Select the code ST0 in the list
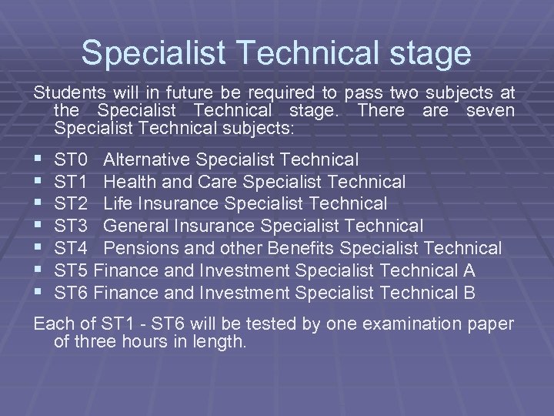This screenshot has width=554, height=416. pyautogui.click(x=71, y=160)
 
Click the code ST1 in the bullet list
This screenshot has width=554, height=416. pyautogui.click(x=71, y=182)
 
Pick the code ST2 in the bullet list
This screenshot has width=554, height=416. pyautogui.click(x=71, y=204)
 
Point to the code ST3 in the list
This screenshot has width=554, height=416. pyautogui.click(x=71, y=226)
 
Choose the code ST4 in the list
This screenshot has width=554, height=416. pyautogui.click(x=71, y=248)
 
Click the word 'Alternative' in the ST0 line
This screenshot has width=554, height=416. pyautogui.click(x=147, y=160)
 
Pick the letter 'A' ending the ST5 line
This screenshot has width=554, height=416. pyautogui.click(x=469, y=270)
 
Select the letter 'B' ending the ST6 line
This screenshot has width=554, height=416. pyautogui.click(x=469, y=293)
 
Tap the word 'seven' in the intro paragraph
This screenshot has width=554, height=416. pyautogui.click(x=489, y=110)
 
